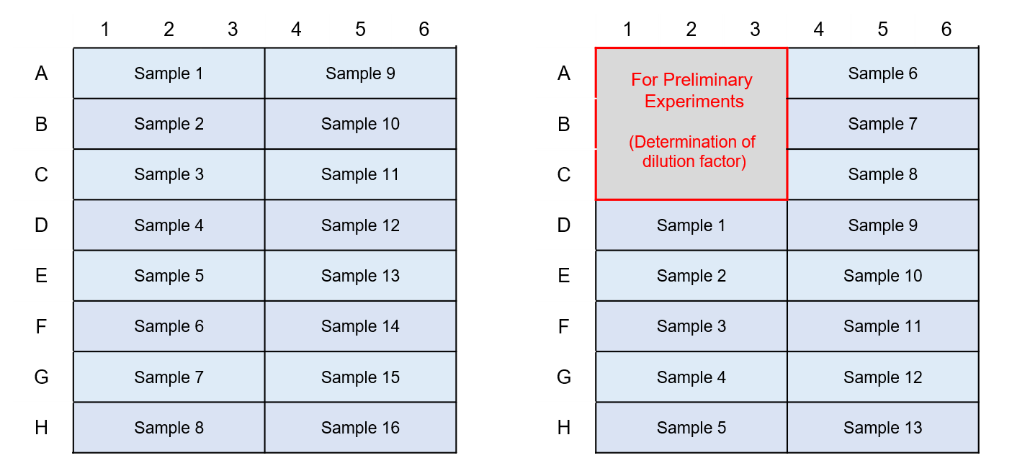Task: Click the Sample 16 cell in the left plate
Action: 361,427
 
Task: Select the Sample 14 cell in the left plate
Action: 361,326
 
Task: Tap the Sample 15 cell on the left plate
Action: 361,377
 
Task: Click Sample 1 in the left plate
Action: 169,73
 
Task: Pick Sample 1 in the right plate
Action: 691,225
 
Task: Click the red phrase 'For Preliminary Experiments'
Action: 692,90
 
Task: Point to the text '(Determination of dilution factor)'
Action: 692,151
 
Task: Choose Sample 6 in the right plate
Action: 883,73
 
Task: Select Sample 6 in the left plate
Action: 169,326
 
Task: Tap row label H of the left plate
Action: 41,427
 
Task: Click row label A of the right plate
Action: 564,73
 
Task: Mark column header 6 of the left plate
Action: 424,30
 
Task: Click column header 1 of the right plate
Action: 627,30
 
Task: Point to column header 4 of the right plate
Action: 819,30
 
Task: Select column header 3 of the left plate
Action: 233,30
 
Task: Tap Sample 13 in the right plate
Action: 883,427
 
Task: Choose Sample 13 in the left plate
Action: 361,276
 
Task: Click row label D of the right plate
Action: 564,225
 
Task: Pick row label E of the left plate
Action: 41,276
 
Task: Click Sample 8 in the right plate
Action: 883,174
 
